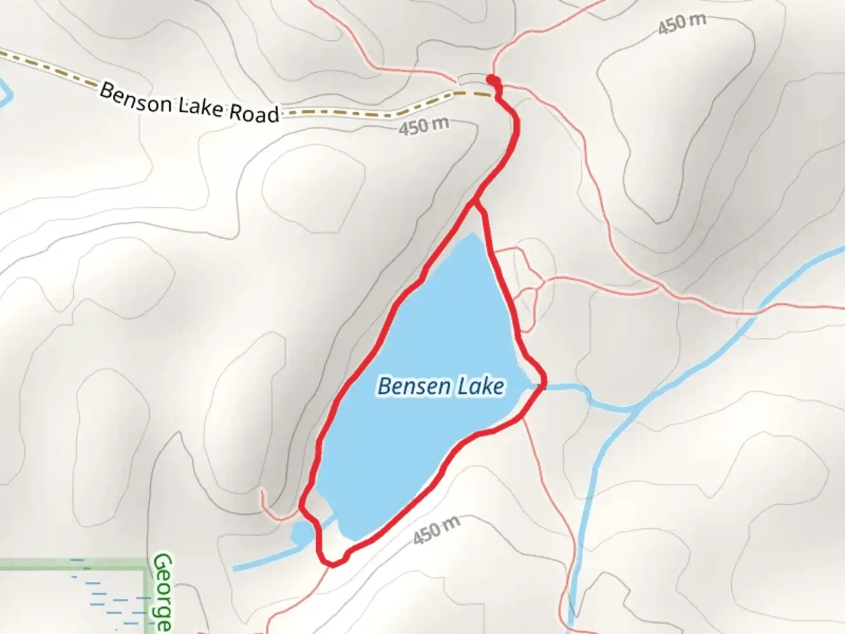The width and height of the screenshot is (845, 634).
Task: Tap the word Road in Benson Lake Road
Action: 253,113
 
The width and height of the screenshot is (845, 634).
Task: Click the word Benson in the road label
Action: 136,99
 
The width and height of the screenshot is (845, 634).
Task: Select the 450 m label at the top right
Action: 681,24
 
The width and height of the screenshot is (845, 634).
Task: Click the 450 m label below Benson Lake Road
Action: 424,126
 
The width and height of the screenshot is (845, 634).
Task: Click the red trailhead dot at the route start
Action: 492,79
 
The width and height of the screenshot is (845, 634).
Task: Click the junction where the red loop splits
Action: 475,203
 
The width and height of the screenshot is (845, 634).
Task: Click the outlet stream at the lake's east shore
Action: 563,387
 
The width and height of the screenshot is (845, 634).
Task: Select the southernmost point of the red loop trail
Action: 332,565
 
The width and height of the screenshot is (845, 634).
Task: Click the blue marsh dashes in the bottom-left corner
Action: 111,599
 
